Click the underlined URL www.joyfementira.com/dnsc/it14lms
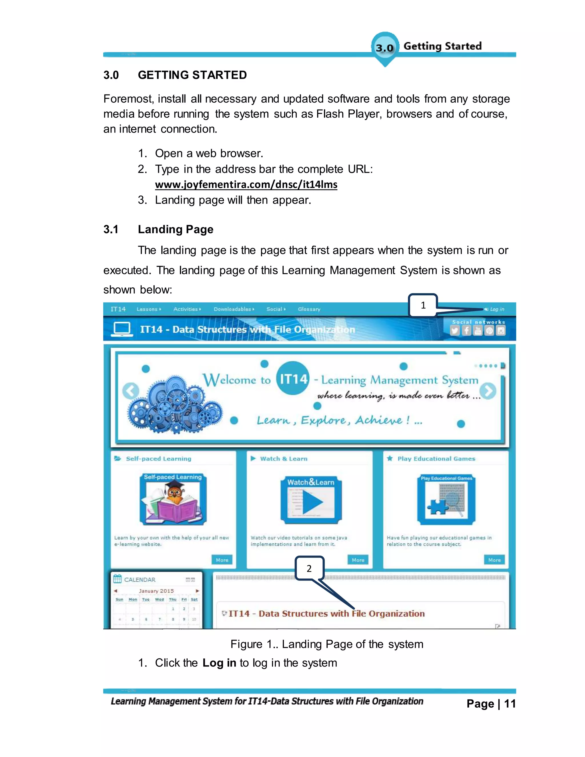[x=246, y=185]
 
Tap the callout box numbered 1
[x=423, y=305]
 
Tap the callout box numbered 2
[x=309, y=568]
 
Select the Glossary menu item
[x=309, y=309]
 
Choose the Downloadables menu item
[x=233, y=309]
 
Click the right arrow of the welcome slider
[x=488, y=391]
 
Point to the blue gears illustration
[x=175, y=406]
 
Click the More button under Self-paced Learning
[x=222, y=560]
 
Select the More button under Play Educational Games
[x=494, y=560]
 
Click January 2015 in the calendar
[x=156, y=591]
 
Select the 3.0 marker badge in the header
[x=385, y=47]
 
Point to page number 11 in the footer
[x=510, y=704]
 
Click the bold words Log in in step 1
[x=219, y=663]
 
